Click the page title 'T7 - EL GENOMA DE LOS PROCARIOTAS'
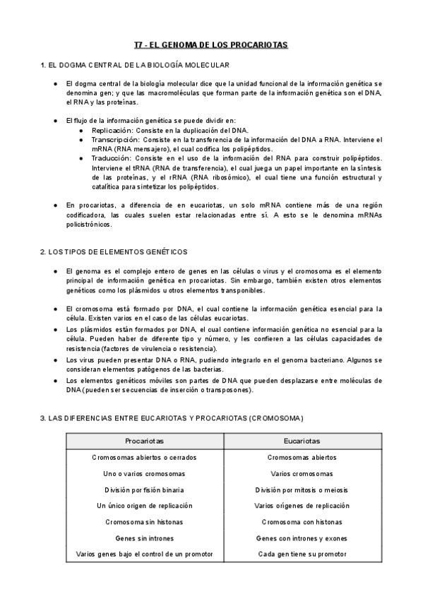(x=211, y=45)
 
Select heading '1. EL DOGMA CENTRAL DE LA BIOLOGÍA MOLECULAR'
(x=135, y=66)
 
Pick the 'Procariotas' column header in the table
(x=144, y=440)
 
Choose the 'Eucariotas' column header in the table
(x=302, y=440)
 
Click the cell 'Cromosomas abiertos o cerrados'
(x=144, y=458)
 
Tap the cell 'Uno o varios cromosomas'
(x=144, y=474)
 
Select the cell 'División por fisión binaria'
(x=144, y=490)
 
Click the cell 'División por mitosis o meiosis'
(x=302, y=490)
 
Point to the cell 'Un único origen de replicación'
(x=144, y=506)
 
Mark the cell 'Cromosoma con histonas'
(x=302, y=522)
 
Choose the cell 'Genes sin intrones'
(x=144, y=538)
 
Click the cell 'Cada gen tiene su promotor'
(x=302, y=554)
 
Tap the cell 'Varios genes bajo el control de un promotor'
(x=144, y=554)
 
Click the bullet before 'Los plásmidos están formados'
(x=56, y=330)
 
